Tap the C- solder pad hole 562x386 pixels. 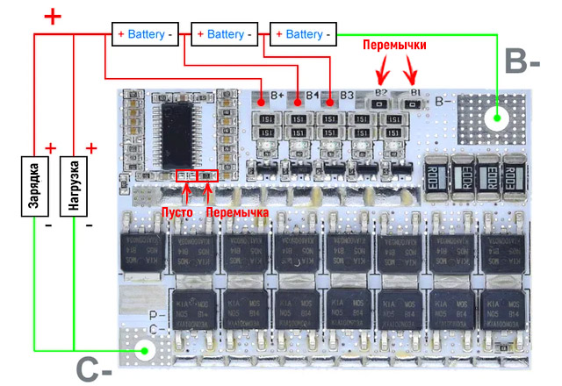pyautogui.click(x=144, y=352)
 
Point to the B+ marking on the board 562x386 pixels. pyautogui.click(x=277, y=95)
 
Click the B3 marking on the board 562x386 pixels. pyautogui.click(x=347, y=95)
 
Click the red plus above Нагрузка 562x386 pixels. pyautogui.click(x=91, y=147)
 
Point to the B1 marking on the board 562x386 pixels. pyautogui.click(x=414, y=91)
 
